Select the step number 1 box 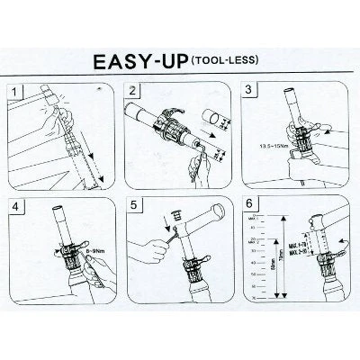(x=14, y=92)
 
